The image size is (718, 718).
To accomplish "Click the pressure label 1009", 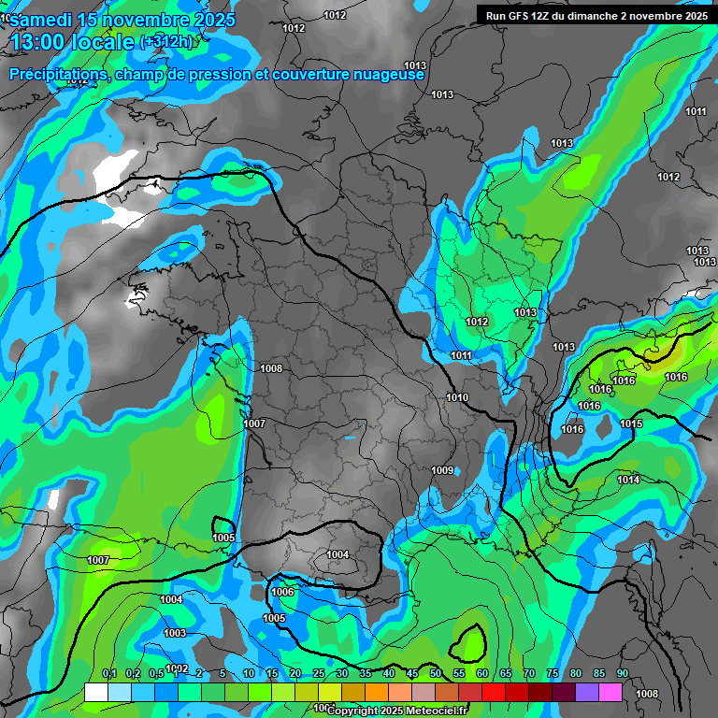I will (443, 470).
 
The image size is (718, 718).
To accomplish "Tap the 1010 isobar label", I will (457, 397).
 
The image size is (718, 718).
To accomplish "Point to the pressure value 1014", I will (628, 480).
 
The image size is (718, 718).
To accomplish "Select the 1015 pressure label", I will (631, 424).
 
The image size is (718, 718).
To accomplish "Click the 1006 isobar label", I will (282, 592).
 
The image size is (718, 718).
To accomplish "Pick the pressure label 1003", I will (174, 633).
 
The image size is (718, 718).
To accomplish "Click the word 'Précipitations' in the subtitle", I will (58, 74).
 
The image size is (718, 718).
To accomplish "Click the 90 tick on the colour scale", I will (623, 673).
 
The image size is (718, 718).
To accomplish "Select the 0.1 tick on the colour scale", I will (109, 673).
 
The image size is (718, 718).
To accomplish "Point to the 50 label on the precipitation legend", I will (436, 673).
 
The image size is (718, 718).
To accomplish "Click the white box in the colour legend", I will (96, 692).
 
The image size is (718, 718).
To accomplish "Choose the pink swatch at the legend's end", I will (610, 692).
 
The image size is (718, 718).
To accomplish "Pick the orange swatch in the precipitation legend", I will (377, 692).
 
